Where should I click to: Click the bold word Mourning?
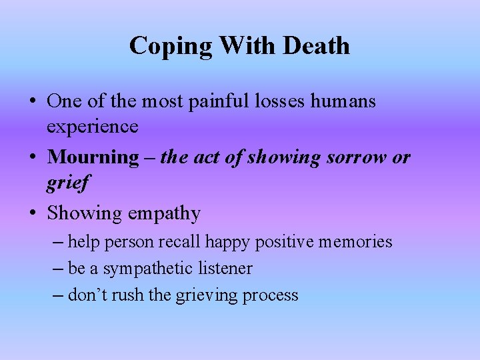[x=93, y=157]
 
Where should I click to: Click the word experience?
[x=93, y=126]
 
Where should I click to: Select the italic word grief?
[x=67, y=182]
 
